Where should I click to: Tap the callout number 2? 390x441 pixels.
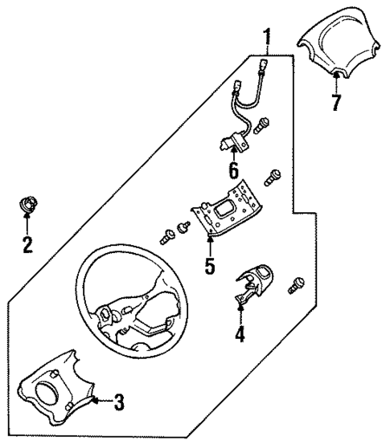click(x=27, y=245)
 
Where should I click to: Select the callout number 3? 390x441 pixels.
click(x=118, y=402)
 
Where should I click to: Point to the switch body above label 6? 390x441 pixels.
click(x=234, y=143)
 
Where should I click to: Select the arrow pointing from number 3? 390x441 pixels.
click(x=100, y=399)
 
